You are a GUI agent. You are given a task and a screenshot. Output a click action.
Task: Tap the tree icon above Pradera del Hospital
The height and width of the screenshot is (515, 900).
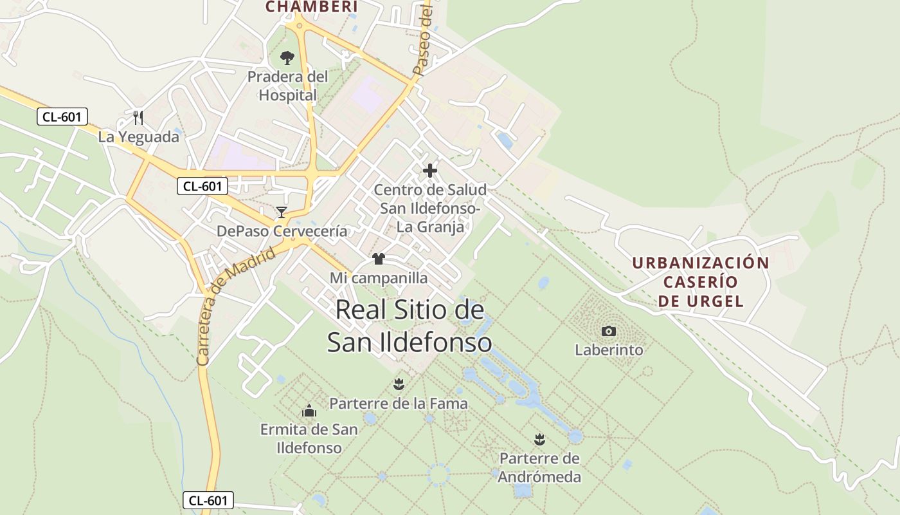tap(287, 58)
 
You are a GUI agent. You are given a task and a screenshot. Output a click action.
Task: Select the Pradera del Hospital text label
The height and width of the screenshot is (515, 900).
tap(287, 86)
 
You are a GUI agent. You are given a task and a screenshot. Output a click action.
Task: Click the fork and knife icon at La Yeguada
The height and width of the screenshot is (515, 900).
tap(138, 117)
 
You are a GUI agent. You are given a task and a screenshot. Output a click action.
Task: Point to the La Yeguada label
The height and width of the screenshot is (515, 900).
tap(138, 137)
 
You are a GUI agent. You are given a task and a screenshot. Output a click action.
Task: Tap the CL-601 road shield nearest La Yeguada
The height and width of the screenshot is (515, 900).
tap(62, 117)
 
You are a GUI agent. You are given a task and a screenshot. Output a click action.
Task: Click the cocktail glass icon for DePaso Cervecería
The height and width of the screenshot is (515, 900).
tap(282, 212)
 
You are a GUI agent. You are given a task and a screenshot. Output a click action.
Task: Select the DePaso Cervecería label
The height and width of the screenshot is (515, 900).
tap(282, 231)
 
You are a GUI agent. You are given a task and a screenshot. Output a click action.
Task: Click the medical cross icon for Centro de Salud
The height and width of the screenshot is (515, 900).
tap(430, 171)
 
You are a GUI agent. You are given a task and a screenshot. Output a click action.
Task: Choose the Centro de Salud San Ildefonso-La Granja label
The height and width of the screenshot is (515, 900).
tap(430, 208)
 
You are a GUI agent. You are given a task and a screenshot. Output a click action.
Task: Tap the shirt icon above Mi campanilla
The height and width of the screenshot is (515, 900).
tap(379, 259)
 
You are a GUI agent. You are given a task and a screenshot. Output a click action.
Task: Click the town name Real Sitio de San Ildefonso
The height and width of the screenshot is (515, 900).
tap(410, 326)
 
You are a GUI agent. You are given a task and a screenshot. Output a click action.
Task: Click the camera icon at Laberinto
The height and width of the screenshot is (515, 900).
tap(609, 331)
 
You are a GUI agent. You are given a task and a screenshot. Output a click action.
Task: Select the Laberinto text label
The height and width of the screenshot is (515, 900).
tap(609, 350)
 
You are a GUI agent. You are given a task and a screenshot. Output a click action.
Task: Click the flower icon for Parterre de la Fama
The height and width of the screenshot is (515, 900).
tap(399, 384)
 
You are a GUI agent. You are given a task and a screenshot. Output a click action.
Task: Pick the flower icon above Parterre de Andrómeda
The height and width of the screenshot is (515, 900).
tap(540, 440)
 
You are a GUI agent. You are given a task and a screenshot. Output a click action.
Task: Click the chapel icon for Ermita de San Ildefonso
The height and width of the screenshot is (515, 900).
tap(309, 410)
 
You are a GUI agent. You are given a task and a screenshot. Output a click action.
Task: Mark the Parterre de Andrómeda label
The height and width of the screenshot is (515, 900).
tap(540, 468)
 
